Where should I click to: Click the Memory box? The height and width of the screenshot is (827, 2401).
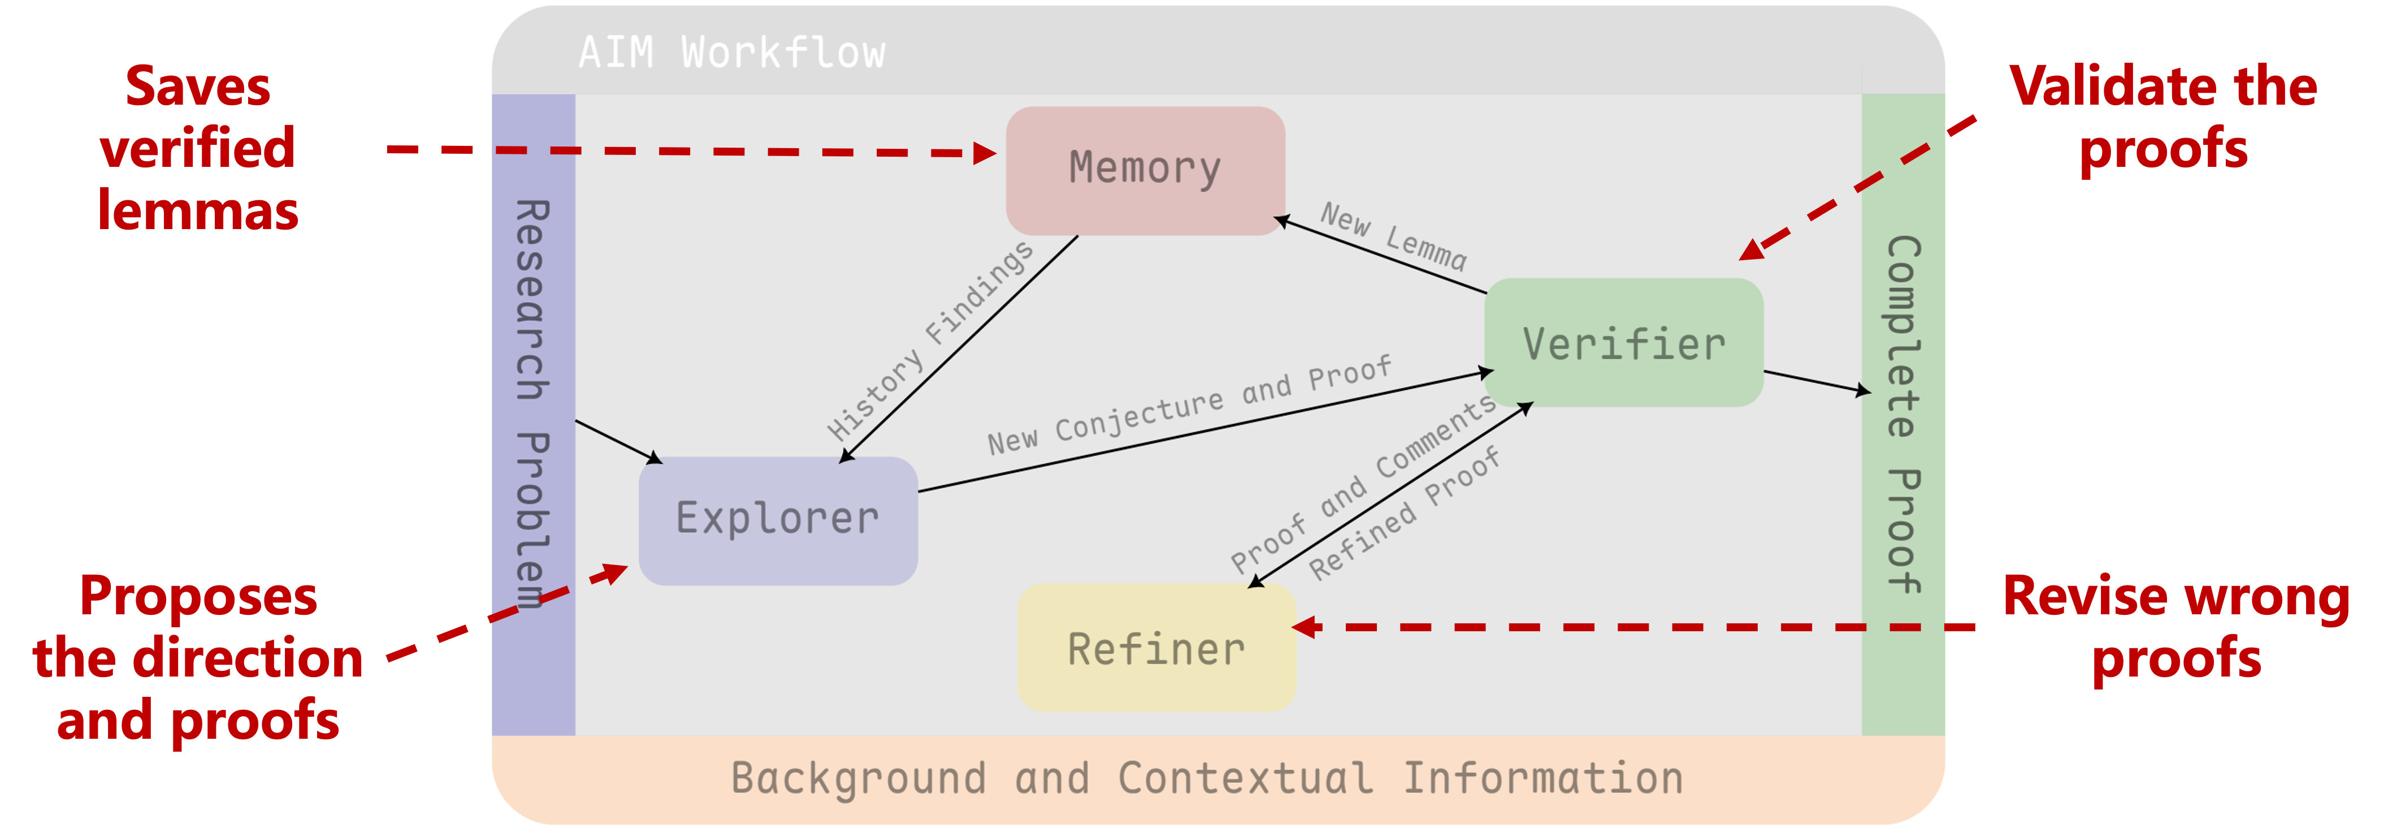(x=1145, y=170)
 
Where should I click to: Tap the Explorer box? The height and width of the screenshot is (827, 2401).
(x=777, y=519)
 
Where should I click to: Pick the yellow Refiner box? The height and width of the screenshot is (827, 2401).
(x=1156, y=649)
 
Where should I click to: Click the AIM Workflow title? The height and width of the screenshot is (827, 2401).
(x=732, y=52)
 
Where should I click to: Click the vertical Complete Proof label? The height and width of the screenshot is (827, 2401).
(x=1902, y=414)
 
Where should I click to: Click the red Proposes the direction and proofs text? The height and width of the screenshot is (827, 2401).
(x=198, y=658)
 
